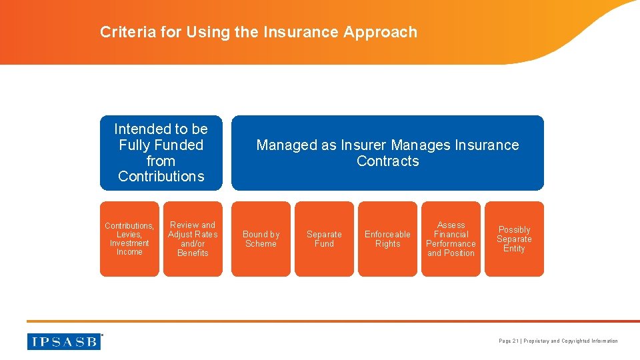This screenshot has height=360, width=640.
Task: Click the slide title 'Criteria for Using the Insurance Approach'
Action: tap(259, 32)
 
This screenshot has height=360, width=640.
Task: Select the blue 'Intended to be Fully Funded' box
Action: tap(161, 153)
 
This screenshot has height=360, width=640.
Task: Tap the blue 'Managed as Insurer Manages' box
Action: tap(387, 153)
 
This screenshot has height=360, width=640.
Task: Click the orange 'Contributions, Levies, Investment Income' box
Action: tap(129, 239)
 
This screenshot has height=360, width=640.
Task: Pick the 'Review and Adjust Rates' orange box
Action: tap(193, 239)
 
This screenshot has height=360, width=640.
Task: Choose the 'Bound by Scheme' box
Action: tap(261, 239)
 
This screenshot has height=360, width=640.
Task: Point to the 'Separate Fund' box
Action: tap(324, 239)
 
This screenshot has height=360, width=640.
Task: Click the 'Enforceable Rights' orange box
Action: tap(387, 239)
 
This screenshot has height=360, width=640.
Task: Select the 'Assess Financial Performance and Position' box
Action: tap(451, 239)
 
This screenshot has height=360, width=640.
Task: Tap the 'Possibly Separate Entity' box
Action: tap(514, 239)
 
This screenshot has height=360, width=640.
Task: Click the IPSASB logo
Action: tap(64, 341)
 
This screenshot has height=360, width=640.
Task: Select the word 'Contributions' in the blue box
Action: tap(161, 177)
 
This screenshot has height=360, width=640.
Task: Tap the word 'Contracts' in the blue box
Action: tap(387, 161)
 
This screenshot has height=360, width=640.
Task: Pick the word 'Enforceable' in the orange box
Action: tap(387, 235)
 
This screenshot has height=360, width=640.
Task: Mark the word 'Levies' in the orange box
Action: tap(129, 235)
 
